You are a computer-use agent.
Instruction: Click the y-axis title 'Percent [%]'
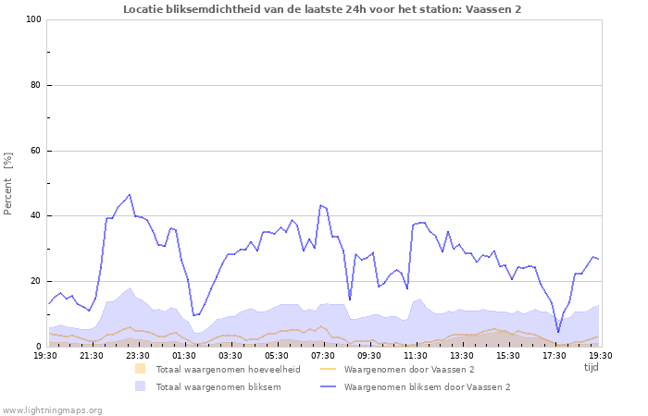[x=8, y=183]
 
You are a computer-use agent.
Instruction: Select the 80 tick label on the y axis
[x=35, y=85]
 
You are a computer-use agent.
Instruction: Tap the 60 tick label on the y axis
[x=35, y=151]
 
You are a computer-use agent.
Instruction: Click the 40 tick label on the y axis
[x=35, y=216]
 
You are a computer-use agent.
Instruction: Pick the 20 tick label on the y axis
[x=35, y=281]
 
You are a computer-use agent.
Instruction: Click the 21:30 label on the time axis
[x=92, y=355]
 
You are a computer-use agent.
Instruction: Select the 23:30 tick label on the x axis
[x=138, y=355]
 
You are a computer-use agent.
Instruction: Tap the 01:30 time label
[x=184, y=355]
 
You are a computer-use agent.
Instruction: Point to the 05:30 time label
[x=277, y=355]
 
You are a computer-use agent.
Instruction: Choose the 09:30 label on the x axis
[x=369, y=355]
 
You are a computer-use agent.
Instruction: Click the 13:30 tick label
[x=462, y=355]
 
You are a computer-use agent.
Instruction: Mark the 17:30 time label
[x=555, y=355]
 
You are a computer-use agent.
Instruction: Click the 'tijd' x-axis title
[x=592, y=367]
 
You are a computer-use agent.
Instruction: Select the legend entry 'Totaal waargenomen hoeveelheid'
[x=228, y=370]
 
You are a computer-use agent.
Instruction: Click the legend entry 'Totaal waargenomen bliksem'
[x=218, y=387]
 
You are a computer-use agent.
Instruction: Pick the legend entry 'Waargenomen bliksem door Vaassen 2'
[x=427, y=387]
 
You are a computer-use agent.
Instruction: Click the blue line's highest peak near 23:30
[x=130, y=195]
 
